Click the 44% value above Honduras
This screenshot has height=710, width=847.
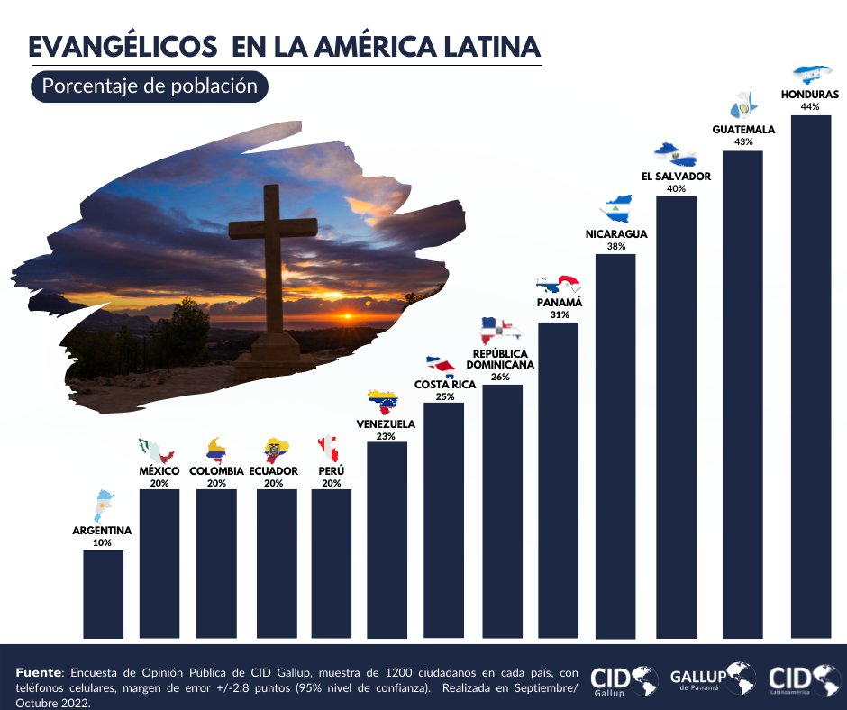pyautogui.click(x=809, y=106)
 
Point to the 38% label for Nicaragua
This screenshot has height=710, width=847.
pyautogui.click(x=616, y=246)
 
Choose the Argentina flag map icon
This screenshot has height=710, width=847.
pyautogui.click(x=105, y=505)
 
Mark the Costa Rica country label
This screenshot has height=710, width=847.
pyautogui.click(x=445, y=385)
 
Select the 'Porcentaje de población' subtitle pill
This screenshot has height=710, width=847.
pyautogui.click(x=150, y=86)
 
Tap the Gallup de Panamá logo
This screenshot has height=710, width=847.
pyautogui.click(x=712, y=678)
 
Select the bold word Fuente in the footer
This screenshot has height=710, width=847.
pyautogui.click(x=40, y=673)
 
